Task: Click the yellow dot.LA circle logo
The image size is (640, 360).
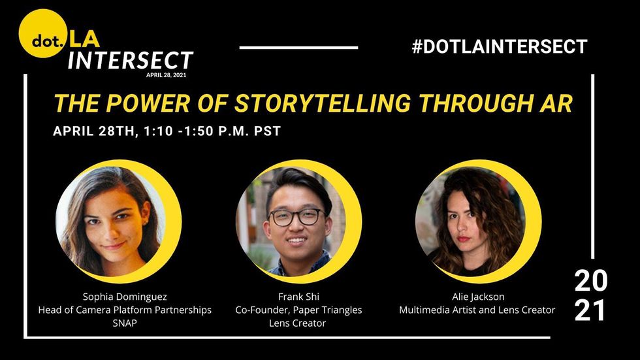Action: pyautogui.click(x=42, y=33)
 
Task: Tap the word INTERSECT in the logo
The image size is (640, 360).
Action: pyautogui.click(x=130, y=60)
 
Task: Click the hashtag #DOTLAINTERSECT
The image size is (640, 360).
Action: pyautogui.click(x=500, y=46)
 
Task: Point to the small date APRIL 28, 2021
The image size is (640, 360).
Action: pyautogui.click(x=166, y=75)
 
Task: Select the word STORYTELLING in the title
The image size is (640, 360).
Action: pyautogui.click(x=323, y=103)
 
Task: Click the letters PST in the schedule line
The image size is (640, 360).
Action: pyautogui.click(x=267, y=131)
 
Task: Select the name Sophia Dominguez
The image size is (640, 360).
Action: pyautogui.click(x=125, y=297)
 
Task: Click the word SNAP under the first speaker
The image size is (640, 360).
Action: pyautogui.click(x=125, y=323)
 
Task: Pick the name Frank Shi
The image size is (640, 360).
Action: pyautogui.click(x=299, y=297)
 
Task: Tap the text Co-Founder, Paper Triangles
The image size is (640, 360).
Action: pyautogui.click(x=299, y=310)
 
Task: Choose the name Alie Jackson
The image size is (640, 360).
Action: pyautogui.click(x=478, y=297)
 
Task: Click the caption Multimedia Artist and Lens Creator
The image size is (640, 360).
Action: pyautogui.click(x=477, y=310)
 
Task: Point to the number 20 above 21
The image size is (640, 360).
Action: pyautogui.click(x=590, y=281)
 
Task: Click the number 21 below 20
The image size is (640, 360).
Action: pyautogui.click(x=590, y=310)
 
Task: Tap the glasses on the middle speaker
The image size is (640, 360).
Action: pyautogui.click(x=296, y=217)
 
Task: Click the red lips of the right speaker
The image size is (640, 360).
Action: pyautogui.click(x=463, y=238)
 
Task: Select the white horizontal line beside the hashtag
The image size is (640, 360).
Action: pyautogui.click(x=299, y=48)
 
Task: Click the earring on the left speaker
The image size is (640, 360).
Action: pyautogui.click(x=144, y=223)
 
